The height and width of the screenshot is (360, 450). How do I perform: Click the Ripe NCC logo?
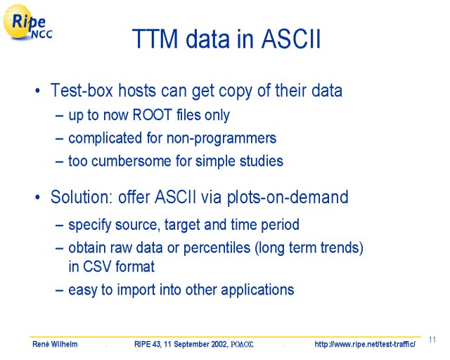tap(27, 22)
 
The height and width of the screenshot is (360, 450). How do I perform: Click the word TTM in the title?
tap(155, 39)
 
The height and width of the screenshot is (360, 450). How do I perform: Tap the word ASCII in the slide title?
tap(290, 39)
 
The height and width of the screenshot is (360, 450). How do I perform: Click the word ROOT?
tap(152, 115)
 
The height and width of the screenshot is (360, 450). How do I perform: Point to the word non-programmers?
tap(221, 139)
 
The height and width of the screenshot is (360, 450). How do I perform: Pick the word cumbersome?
tap(131, 161)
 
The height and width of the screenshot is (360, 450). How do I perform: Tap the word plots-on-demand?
tap(288, 198)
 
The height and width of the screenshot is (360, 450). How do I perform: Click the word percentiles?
tap(217, 247)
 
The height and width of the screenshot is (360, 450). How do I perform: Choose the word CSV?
tap(97, 266)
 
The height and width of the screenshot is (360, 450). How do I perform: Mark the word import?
tap(136, 290)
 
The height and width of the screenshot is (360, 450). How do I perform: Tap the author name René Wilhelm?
tap(55, 344)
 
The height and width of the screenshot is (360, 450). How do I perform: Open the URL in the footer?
tap(365, 344)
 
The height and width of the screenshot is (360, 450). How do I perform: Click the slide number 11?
tap(432, 340)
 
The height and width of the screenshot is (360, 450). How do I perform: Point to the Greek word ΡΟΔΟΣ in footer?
tap(242, 345)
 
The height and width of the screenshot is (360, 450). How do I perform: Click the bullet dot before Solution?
tap(37, 198)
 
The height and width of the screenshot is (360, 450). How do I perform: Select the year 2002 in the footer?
tap(219, 344)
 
